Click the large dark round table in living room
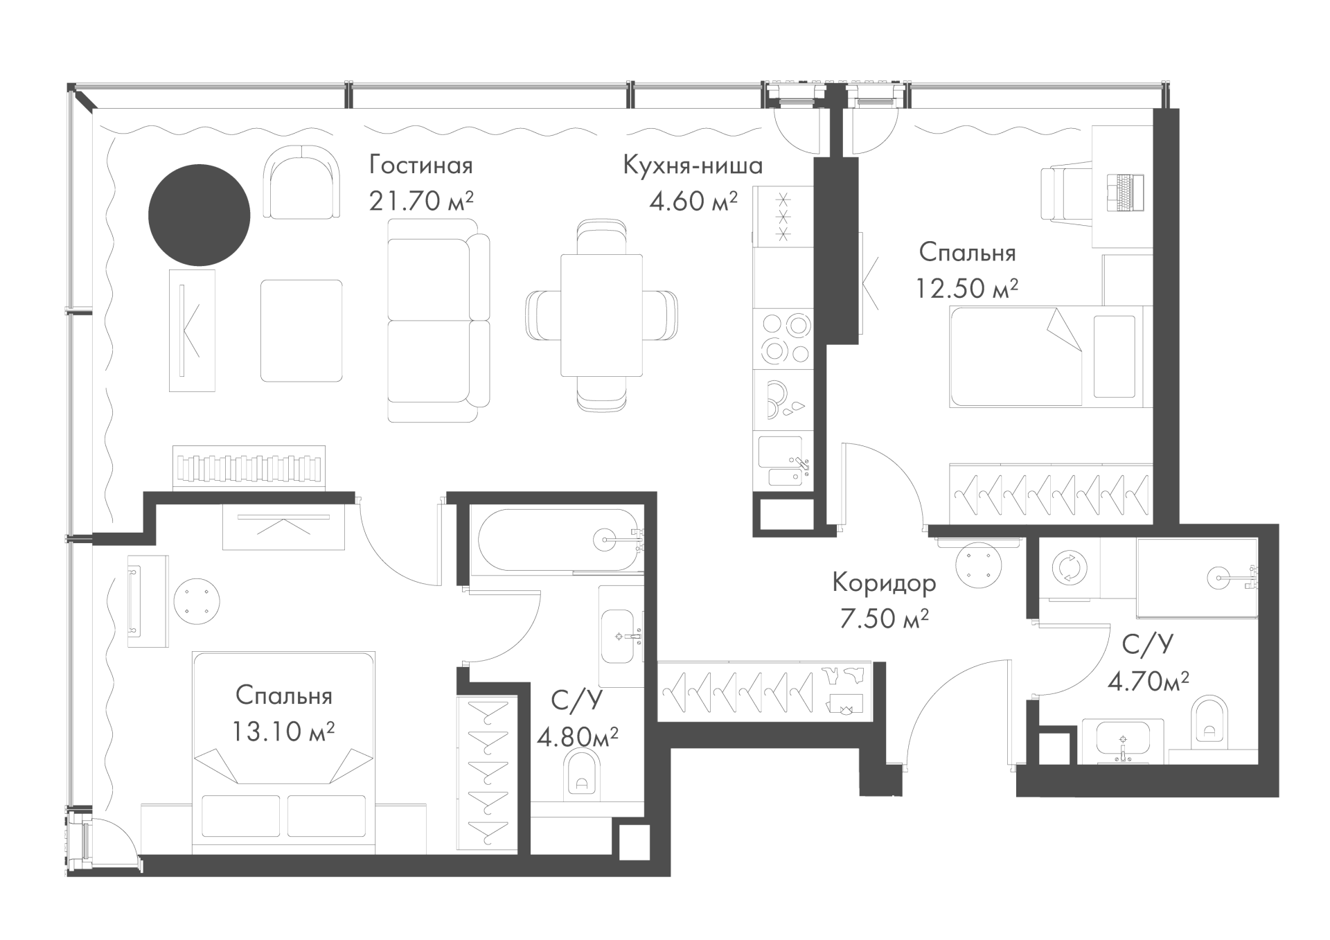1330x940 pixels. pyautogui.click(x=199, y=215)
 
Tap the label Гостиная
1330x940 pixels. pyautogui.click(x=421, y=166)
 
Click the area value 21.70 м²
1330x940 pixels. pyautogui.click(x=421, y=201)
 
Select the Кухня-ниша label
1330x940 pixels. pyautogui.click(x=693, y=166)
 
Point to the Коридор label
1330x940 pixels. pyautogui.click(x=884, y=583)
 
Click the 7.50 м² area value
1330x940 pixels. pyautogui.click(x=884, y=619)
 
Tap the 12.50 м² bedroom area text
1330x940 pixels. pyautogui.click(x=967, y=287)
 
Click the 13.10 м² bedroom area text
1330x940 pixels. pyautogui.click(x=284, y=731)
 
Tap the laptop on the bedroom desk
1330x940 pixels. pyautogui.click(x=1126, y=192)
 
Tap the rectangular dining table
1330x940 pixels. pyautogui.click(x=601, y=315)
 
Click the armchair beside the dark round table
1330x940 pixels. pyautogui.click(x=302, y=181)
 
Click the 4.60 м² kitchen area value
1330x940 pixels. pyautogui.click(x=693, y=201)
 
